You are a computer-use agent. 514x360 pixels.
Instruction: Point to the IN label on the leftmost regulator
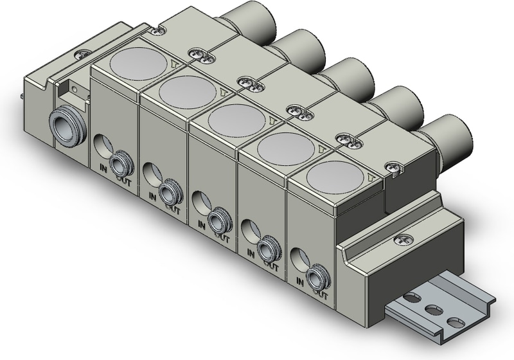[103, 168]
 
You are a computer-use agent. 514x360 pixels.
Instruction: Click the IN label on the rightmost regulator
[300, 282]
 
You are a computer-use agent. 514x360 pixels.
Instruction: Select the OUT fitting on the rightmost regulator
[317, 278]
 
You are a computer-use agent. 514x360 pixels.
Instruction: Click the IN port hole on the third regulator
[199, 203]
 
